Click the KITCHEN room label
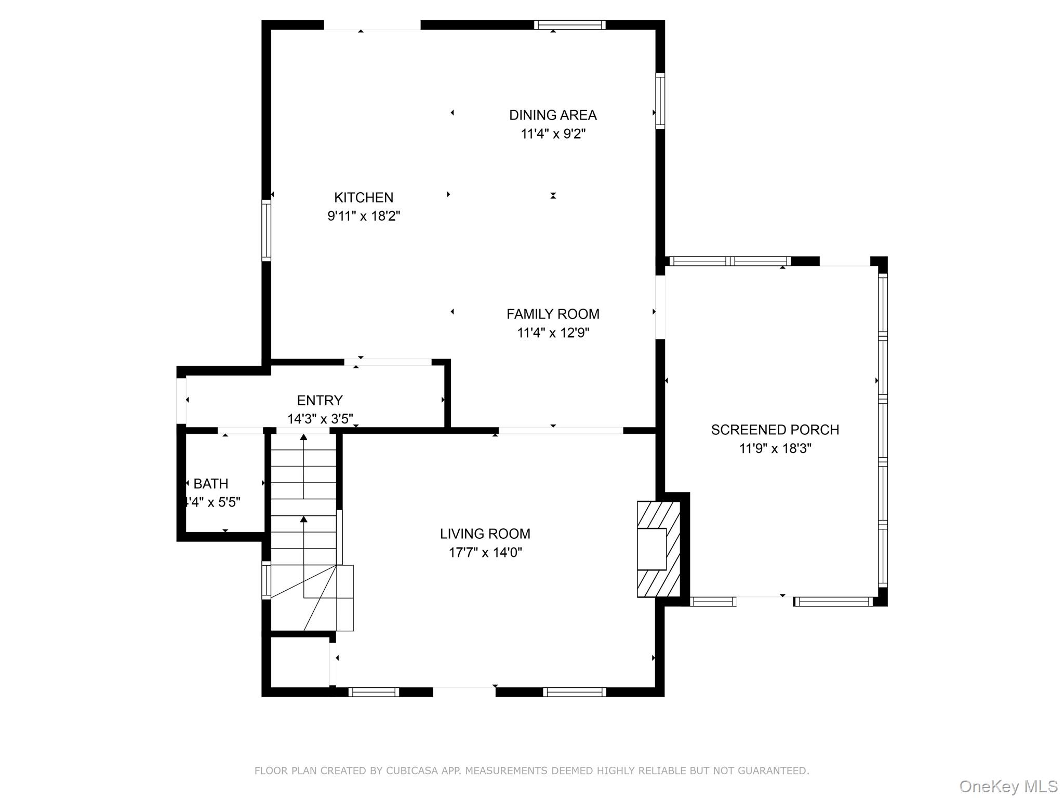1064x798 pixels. (x=364, y=197)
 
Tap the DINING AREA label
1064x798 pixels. (x=553, y=115)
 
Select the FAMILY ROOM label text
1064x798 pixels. (x=553, y=314)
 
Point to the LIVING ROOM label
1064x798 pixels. (x=485, y=534)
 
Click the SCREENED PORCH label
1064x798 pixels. (x=775, y=430)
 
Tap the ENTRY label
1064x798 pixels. (x=320, y=401)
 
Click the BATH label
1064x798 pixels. (x=211, y=484)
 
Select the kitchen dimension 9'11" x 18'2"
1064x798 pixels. (x=364, y=216)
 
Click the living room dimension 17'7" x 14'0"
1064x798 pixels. (x=485, y=552)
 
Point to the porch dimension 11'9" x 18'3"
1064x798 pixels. (x=775, y=448)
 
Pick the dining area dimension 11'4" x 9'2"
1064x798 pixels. (x=553, y=134)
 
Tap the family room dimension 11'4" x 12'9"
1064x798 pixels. (x=553, y=332)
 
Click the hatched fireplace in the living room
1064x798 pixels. (x=659, y=549)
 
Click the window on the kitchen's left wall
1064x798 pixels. (x=266, y=230)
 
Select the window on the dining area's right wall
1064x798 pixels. (x=660, y=101)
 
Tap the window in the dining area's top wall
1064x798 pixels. (x=570, y=25)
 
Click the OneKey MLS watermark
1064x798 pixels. (x=1008, y=787)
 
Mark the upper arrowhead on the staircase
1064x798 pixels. (x=303, y=437)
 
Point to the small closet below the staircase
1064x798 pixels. (x=300, y=661)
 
